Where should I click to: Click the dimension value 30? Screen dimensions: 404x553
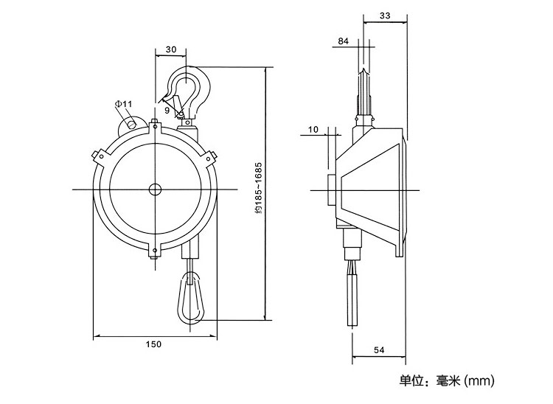click(171, 49)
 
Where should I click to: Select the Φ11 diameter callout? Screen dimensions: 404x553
click(123, 104)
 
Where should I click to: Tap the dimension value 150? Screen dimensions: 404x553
click(153, 344)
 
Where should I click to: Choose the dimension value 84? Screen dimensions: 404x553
click(343, 41)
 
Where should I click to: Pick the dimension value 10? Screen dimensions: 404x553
click(313, 130)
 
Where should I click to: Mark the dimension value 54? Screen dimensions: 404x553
click(378, 351)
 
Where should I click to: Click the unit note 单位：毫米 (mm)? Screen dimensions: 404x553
click(446, 381)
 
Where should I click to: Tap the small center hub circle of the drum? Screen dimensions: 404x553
click(155, 189)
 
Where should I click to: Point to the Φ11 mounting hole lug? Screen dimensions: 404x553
click(131, 124)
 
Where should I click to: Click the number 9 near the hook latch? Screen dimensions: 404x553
click(167, 110)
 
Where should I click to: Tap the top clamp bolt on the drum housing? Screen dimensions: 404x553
click(155, 125)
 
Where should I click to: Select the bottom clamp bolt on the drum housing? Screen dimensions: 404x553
click(155, 252)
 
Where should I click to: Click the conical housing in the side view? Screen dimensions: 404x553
click(369, 189)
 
